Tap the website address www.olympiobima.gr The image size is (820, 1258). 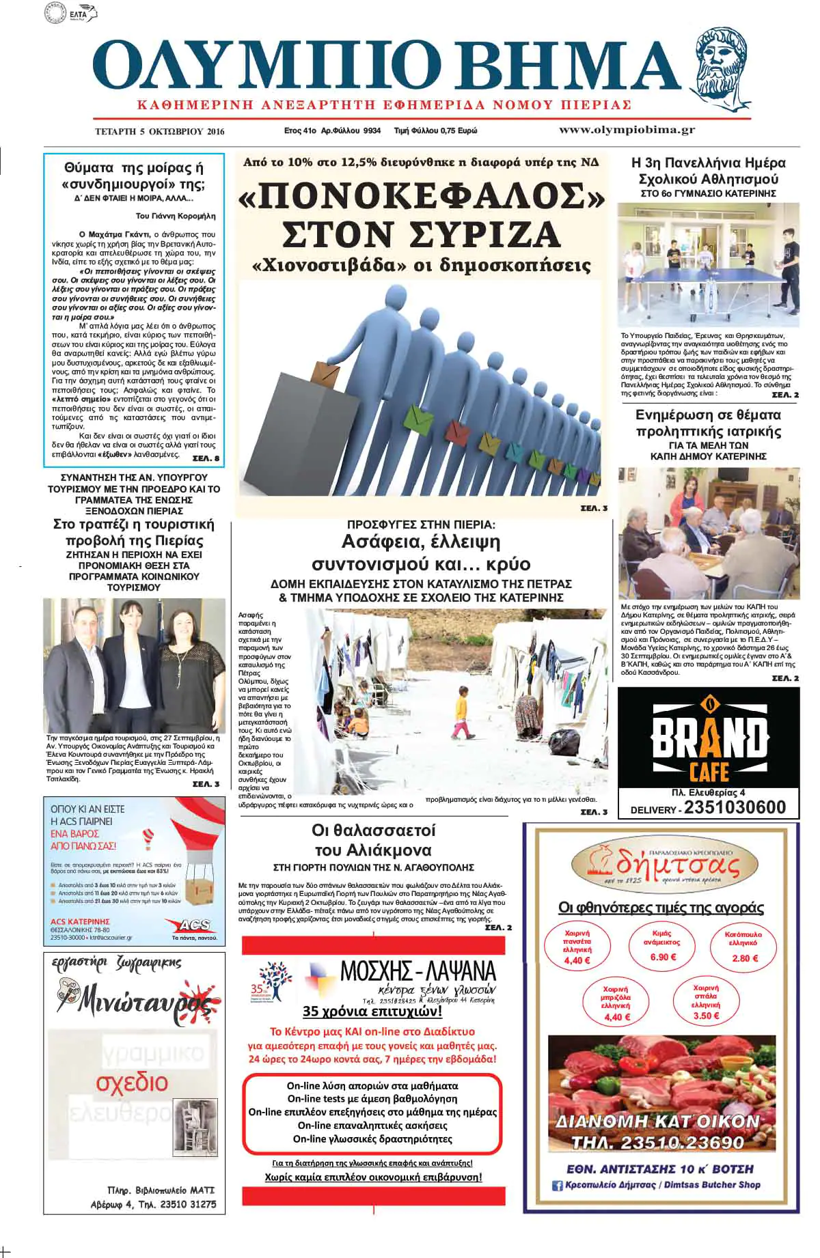click(x=627, y=130)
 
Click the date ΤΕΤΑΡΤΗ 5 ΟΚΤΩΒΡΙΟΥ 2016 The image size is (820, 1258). click(x=159, y=131)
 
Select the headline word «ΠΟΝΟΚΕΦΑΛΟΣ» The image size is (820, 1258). click(x=422, y=197)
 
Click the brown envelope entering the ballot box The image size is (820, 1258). click(x=325, y=374)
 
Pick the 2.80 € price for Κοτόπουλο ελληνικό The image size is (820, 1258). click(x=745, y=958)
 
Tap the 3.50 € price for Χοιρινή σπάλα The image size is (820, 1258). click(x=706, y=1016)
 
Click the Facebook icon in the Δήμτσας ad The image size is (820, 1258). click(x=557, y=1186)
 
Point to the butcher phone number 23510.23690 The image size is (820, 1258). click(x=657, y=1143)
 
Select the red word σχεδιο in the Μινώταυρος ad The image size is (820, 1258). click(x=132, y=1082)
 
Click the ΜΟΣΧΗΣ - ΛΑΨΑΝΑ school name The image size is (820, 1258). click(x=418, y=970)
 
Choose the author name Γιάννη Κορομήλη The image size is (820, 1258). click(x=176, y=216)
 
